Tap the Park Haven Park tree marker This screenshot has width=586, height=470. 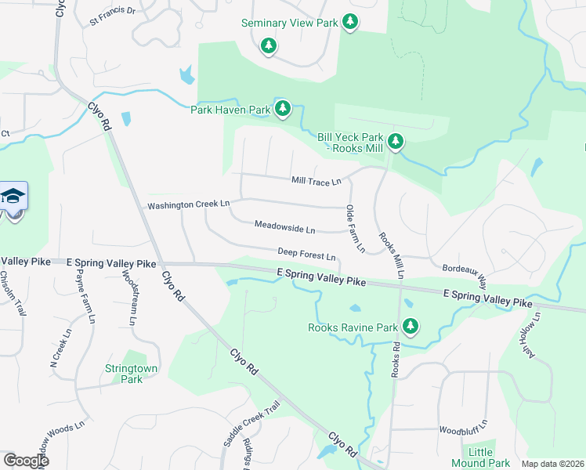coord(283,109)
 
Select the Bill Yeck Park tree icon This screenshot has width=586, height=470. coord(396,141)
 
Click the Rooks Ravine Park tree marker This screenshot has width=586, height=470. coord(410,326)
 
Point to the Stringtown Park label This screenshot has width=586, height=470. coord(124,373)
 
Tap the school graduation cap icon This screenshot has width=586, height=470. coord(13,196)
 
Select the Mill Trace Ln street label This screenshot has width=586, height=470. coord(316,182)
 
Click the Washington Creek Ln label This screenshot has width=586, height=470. coord(189,204)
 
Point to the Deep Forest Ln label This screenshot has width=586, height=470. coord(306,255)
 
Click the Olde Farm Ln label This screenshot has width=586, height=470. coord(354,229)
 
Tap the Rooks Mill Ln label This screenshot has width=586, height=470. coord(389,255)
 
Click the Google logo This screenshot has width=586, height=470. coord(25,460)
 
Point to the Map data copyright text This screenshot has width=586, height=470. coord(552,464)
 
